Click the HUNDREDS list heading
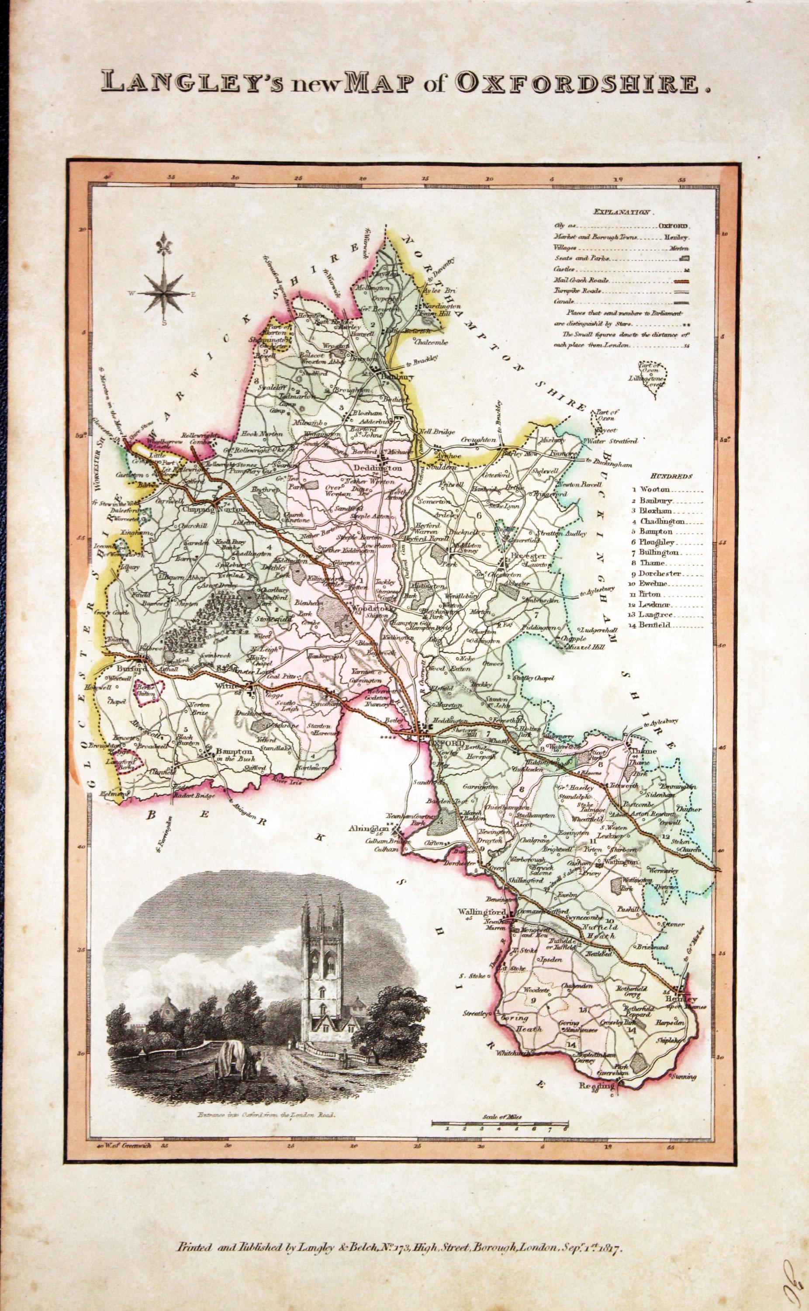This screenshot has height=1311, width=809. [671, 475]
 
